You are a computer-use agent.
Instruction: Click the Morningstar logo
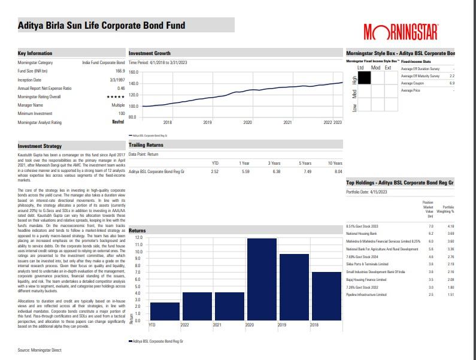(401, 31)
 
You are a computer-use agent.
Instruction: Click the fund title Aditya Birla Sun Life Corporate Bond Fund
(102, 25)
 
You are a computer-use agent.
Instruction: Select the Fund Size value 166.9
(120, 71)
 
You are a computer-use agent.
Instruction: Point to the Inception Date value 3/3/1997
(117, 79)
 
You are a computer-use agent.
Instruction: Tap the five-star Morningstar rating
(116, 96)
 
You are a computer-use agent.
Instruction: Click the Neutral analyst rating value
(118, 122)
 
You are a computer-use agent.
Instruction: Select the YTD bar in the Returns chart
(153, 311)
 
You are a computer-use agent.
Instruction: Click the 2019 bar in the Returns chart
(294, 287)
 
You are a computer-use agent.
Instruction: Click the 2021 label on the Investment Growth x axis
(287, 122)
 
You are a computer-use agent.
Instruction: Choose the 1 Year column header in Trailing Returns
(244, 162)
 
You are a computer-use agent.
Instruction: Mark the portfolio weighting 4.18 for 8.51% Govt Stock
(451, 225)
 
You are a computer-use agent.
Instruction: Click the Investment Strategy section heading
(40, 146)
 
